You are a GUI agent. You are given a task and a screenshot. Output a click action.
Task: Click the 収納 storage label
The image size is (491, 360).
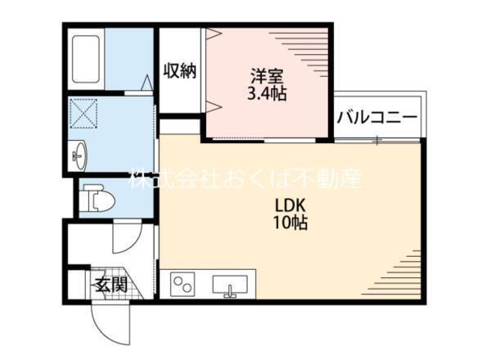point(179,71)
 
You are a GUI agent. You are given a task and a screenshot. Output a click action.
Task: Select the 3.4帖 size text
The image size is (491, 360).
point(267,93)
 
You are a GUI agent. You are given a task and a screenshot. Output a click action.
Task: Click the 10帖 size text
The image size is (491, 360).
point(291,223)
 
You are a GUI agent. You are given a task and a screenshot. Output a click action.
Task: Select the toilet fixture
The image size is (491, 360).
point(98,196)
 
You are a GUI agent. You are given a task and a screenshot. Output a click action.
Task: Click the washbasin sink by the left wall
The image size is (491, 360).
point(79,155)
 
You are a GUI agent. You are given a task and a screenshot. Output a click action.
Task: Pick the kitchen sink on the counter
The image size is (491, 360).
point(231,286)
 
